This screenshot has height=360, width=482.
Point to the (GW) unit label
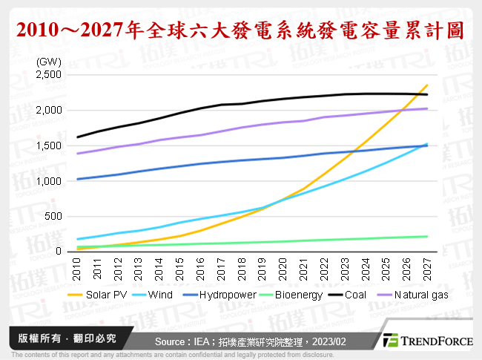point(48,60)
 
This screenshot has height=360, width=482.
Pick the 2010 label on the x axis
point(78,269)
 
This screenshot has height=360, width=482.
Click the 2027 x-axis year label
point(427,269)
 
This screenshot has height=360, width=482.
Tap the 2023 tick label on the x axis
point(345,269)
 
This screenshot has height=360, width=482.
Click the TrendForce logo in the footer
point(428,340)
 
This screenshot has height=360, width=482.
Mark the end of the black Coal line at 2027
point(427,94)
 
